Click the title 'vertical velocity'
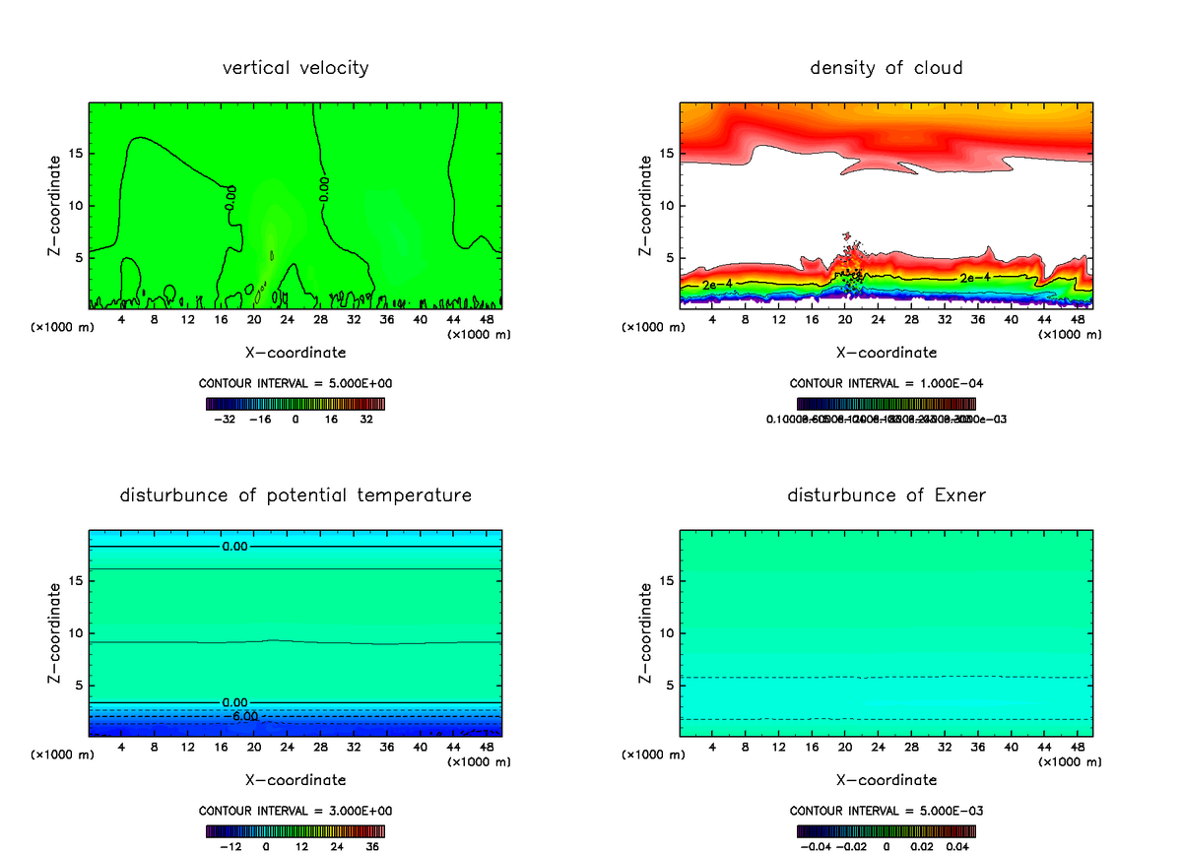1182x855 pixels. [x=295, y=68]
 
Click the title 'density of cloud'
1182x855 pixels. [x=886, y=68]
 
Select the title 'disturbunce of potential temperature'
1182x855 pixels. [x=295, y=494]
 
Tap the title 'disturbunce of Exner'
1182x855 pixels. [x=886, y=494]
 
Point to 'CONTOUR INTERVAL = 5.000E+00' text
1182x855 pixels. [x=295, y=383]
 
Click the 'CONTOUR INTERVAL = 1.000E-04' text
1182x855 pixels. [x=886, y=383]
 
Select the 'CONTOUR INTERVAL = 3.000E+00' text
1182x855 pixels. [x=295, y=811]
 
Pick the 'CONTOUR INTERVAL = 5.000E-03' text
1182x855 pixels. [x=886, y=811]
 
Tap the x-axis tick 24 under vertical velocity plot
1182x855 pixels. [x=288, y=320]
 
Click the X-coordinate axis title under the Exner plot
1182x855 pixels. [x=886, y=780]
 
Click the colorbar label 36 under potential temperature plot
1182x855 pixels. [x=372, y=845]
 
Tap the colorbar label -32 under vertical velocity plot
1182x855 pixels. [x=227, y=419]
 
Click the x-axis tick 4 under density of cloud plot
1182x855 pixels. [x=713, y=320]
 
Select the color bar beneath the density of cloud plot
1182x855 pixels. [x=886, y=404]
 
